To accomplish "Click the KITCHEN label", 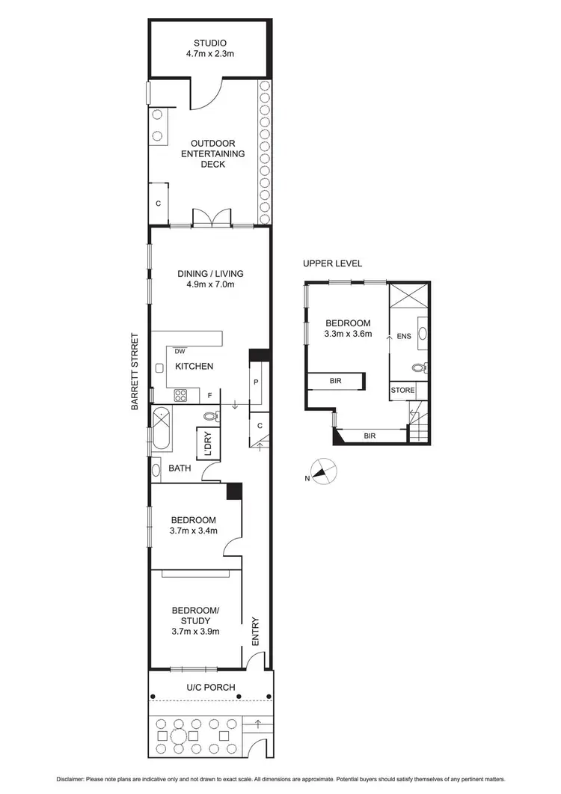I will [x=194, y=366].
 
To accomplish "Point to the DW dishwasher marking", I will [x=180, y=351].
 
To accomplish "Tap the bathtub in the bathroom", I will [x=161, y=428].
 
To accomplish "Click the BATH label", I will [x=180, y=468].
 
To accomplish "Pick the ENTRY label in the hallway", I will [x=256, y=630].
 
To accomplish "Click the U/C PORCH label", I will [x=211, y=687].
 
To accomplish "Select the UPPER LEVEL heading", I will [x=332, y=263].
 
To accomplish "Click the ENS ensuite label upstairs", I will [x=404, y=336].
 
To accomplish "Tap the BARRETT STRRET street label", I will [x=135, y=372].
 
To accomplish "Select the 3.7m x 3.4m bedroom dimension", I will [x=194, y=532].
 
